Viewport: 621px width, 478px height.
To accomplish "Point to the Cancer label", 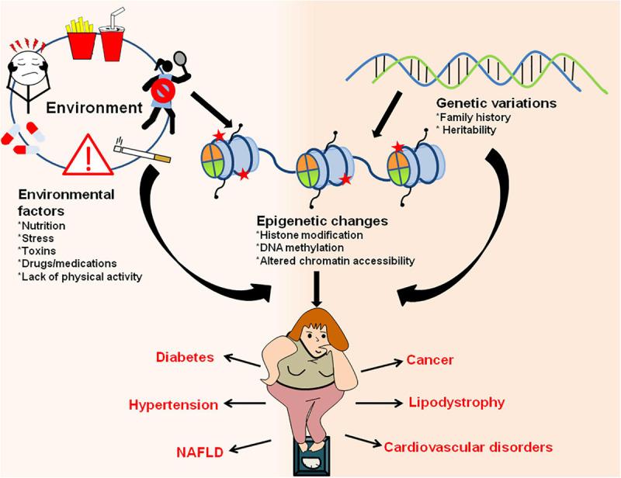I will click(429, 360).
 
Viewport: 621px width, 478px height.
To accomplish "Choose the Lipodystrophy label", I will click(456, 402).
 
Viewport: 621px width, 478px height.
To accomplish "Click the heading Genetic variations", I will click(496, 102).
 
